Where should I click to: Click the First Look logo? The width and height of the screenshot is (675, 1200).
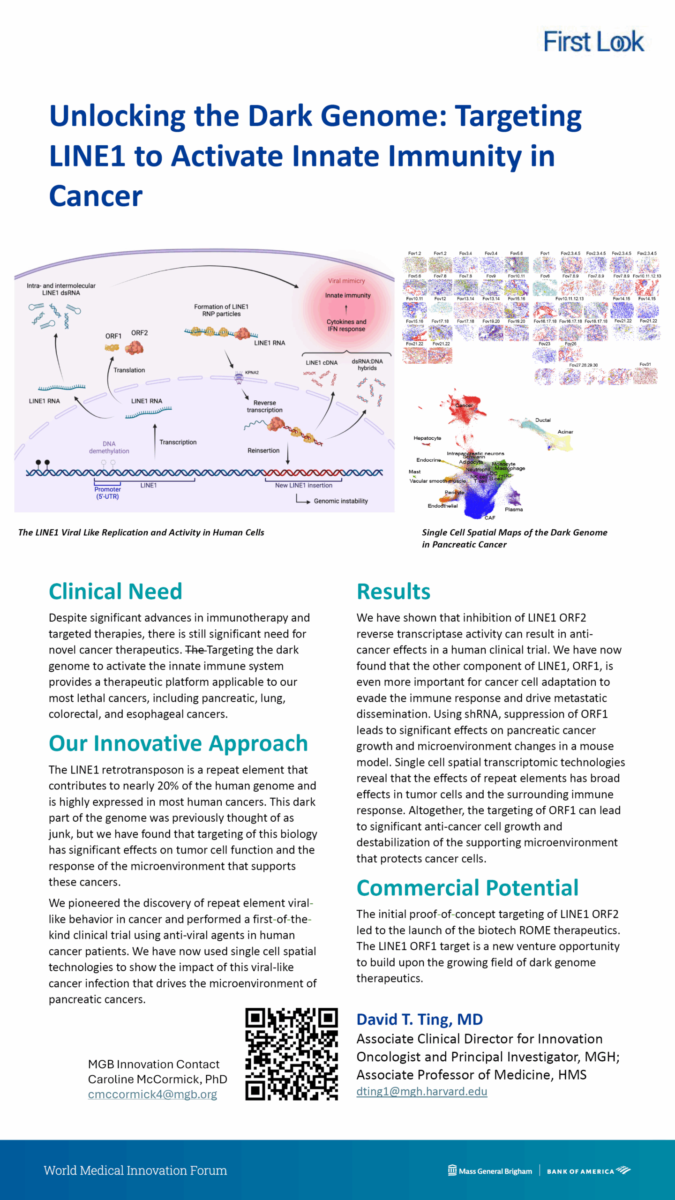click(593, 41)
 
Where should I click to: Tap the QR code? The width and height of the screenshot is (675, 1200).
click(291, 1054)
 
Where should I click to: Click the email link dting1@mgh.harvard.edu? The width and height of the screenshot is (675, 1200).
click(421, 1091)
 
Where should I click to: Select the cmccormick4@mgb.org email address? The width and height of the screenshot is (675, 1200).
click(152, 1094)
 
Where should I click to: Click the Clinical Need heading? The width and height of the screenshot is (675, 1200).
click(115, 591)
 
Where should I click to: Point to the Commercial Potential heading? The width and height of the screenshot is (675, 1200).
click(467, 887)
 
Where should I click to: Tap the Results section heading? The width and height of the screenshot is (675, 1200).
click(393, 591)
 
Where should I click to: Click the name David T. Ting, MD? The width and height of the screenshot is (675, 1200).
click(420, 1020)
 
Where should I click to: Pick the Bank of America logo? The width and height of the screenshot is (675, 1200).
click(588, 1171)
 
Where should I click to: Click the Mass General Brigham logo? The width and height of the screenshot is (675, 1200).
click(490, 1171)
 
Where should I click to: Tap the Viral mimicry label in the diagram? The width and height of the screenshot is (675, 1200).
click(346, 281)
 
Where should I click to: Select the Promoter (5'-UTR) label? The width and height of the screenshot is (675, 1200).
click(107, 493)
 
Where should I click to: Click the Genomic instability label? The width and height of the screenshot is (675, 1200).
click(341, 501)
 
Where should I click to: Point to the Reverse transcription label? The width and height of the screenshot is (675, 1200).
click(264, 406)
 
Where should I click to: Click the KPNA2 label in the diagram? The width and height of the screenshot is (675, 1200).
click(252, 372)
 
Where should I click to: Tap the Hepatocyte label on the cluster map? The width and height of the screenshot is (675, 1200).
click(427, 438)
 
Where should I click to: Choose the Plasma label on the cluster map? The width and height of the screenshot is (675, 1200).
click(514, 509)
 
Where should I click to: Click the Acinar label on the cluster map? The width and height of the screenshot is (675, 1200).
click(565, 432)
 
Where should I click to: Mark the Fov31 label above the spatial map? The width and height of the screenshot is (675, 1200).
click(645, 364)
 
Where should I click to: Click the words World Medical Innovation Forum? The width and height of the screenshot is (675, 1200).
click(135, 1170)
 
